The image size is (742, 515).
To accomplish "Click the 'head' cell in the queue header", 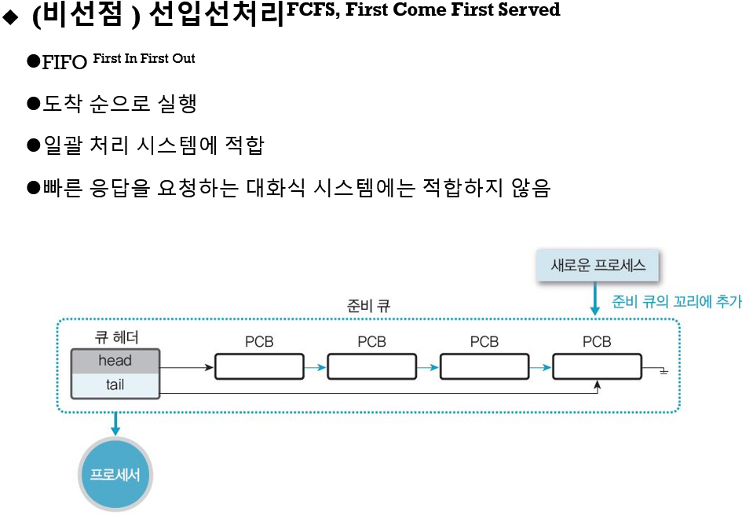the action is click(115, 361).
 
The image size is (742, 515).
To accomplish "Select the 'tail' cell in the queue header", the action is click(115, 385).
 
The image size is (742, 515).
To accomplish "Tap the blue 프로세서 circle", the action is click(115, 475).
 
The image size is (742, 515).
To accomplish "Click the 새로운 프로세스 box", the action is click(598, 266).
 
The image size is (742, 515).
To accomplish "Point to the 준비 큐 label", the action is click(368, 306).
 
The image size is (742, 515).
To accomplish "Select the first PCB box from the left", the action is click(259, 366).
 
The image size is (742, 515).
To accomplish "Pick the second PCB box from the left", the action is click(371, 366).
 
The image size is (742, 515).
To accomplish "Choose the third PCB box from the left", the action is click(484, 366).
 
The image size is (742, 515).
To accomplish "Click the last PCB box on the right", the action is click(597, 366).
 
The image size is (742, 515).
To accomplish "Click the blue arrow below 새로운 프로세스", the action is click(594, 300).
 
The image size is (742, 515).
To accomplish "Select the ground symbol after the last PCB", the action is click(663, 370).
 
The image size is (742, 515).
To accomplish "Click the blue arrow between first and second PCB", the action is click(315, 367).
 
